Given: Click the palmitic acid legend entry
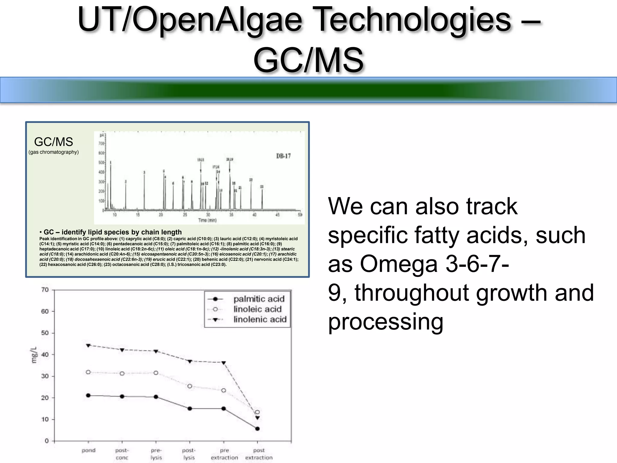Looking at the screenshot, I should [258, 299].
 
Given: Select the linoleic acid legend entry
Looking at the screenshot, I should [257, 309].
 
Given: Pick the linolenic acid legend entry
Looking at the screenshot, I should [260, 319].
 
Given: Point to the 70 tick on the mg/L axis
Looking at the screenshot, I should [45, 290].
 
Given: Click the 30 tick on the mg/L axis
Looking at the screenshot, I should [45, 376].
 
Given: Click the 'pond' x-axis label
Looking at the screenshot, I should [89, 450].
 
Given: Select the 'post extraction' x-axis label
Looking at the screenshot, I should [259, 454].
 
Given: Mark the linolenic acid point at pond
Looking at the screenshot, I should [88, 345].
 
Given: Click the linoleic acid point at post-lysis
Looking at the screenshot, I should [190, 386].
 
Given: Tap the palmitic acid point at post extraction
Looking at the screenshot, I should [257, 429].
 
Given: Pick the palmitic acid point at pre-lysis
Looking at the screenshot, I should [156, 397].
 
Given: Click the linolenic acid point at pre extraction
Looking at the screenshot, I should [224, 363].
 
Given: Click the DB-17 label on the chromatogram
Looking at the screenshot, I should [283, 156].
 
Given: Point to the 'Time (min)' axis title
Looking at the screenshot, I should [207, 220].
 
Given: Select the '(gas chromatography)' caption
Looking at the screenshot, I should [54, 152].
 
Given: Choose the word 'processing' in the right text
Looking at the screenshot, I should [386, 322].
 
